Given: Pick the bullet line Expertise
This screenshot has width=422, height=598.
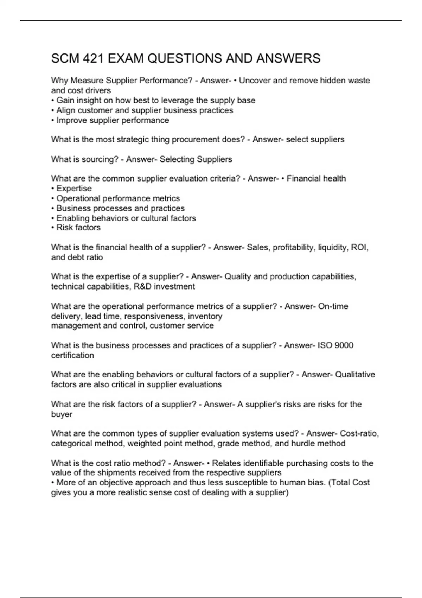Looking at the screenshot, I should pyautogui.click(x=74, y=189).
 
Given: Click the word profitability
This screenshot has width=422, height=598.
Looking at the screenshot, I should pyautogui.click(x=294, y=248).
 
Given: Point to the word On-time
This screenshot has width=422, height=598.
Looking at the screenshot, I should pyautogui.click(x=333, y=306).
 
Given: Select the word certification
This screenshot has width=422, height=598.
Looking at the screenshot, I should pyautogui.click(x=72, y=355).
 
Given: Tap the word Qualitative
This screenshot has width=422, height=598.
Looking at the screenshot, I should pyautogui.click(x=355, y=375).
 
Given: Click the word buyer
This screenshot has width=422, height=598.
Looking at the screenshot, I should pyautogui.click(x=62, y=414).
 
